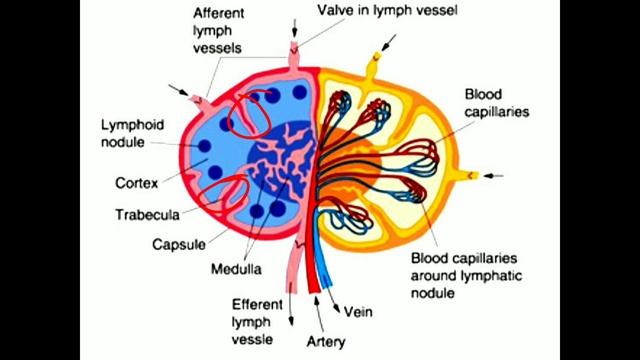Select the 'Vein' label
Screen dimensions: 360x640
pos(357,311)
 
